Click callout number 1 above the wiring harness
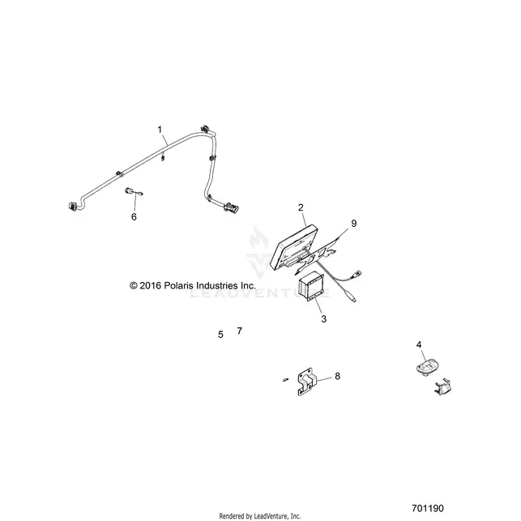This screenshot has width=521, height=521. click(160, 130)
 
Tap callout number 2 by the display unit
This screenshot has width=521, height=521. click(301, 207)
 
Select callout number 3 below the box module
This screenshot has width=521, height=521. click(324, 319)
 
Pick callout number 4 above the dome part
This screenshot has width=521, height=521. click(419, 344)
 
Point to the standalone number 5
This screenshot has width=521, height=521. click(220, 335)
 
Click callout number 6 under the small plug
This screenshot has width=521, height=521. click(134, 217)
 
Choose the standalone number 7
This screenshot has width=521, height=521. click(240, 331)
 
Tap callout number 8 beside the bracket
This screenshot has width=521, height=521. click(338, 376)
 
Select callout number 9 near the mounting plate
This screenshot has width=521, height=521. click(354, 224)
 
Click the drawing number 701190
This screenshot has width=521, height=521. click(428, 508)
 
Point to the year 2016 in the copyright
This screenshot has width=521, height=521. click(151, 286)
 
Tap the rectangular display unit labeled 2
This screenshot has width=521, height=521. click(294, 247)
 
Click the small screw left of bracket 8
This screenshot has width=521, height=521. click(285, 379)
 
